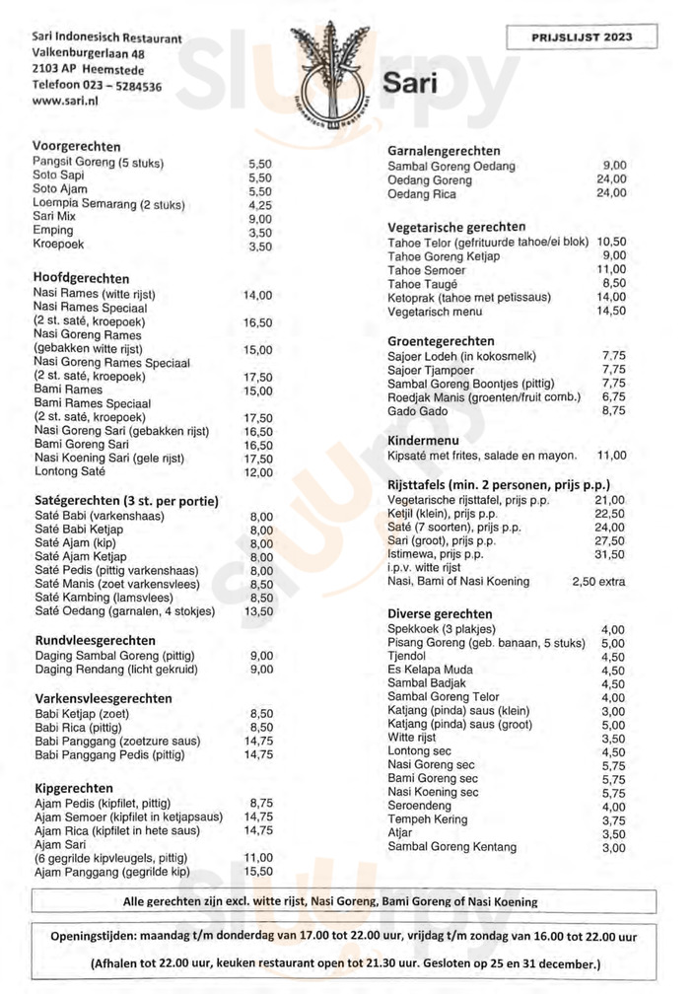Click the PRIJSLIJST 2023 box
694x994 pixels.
582,37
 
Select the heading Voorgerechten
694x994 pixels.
76,146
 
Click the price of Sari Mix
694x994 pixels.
259,219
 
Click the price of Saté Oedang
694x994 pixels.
260,611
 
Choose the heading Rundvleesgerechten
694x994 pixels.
91,640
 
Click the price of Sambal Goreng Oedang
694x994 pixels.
613,166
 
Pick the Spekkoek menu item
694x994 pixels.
428,629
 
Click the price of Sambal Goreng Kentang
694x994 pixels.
613,848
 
